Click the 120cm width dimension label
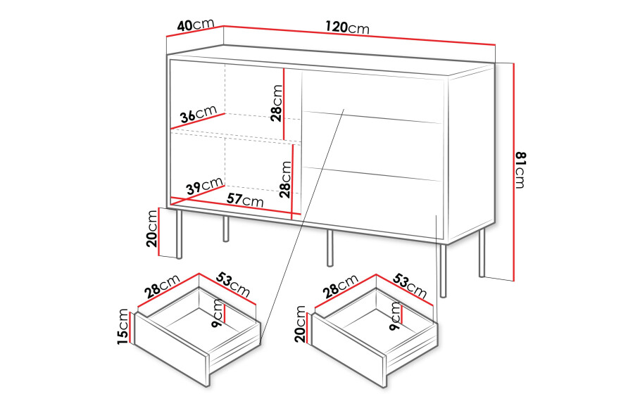(347, 27)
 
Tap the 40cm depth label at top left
(196, 25)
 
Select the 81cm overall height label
(520, 170)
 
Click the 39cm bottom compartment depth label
(204, 186)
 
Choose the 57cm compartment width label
(245, 200)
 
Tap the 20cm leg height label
(151, 229)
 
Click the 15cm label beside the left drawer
(123, 326)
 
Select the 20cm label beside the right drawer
(300, 324)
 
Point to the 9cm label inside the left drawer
(218, 313)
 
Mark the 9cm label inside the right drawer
(396, 316)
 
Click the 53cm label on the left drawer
(232, 284)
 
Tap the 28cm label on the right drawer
(340, 286)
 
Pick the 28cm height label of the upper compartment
(277, 103)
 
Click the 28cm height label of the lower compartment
(286, 179)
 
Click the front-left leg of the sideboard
(179, 234)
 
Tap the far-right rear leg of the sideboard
(482, 253)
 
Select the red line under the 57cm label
(232, 207)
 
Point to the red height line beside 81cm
(514, 172)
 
